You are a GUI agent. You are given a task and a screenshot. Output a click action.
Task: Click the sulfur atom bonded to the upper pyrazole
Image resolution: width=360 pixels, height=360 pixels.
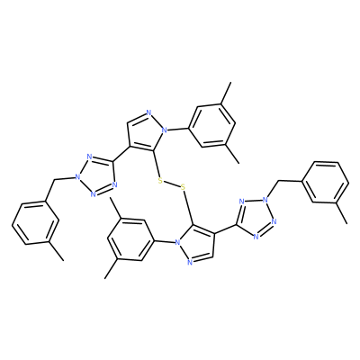[160, 181]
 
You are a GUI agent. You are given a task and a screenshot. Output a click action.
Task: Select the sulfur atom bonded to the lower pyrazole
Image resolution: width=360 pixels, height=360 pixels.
[183, 188]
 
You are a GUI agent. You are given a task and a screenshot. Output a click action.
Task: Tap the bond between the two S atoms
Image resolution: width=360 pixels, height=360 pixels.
[172, 184]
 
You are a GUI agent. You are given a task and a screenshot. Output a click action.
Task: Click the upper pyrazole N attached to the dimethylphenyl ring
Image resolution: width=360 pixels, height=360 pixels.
[164, 130]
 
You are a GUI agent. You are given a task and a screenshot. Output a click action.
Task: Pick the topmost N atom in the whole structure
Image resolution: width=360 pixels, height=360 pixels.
[148, 112]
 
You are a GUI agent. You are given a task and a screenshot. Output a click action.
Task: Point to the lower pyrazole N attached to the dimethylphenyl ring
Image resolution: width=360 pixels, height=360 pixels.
[177, 242]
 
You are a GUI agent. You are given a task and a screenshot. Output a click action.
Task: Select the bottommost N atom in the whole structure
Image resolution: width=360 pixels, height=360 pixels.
[189, 263]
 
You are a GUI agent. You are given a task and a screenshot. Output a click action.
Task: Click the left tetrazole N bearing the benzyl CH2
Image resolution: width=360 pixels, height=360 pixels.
[78, 176]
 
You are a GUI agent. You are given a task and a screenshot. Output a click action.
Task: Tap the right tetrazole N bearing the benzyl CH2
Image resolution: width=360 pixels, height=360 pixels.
[265, 199]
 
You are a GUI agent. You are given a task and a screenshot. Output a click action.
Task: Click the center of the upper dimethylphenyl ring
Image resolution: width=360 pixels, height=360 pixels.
[211, 126]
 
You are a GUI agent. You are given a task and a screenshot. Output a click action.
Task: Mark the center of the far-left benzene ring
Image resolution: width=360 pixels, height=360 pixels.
[35, 222]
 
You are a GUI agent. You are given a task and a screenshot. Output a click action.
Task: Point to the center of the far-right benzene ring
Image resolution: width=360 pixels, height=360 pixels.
[326, 182]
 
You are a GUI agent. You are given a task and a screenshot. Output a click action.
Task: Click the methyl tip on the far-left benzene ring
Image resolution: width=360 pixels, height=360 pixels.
[64, 260]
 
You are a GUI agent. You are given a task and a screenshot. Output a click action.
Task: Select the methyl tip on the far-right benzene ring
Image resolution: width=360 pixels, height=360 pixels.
[347, 223]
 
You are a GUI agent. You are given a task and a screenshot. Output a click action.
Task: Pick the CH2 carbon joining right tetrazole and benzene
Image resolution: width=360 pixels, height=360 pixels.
[279, 181]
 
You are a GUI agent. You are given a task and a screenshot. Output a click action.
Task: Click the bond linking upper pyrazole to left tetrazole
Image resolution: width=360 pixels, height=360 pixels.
[121, 154]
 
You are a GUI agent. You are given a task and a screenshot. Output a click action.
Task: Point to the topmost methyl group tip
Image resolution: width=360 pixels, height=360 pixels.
[231, 82]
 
